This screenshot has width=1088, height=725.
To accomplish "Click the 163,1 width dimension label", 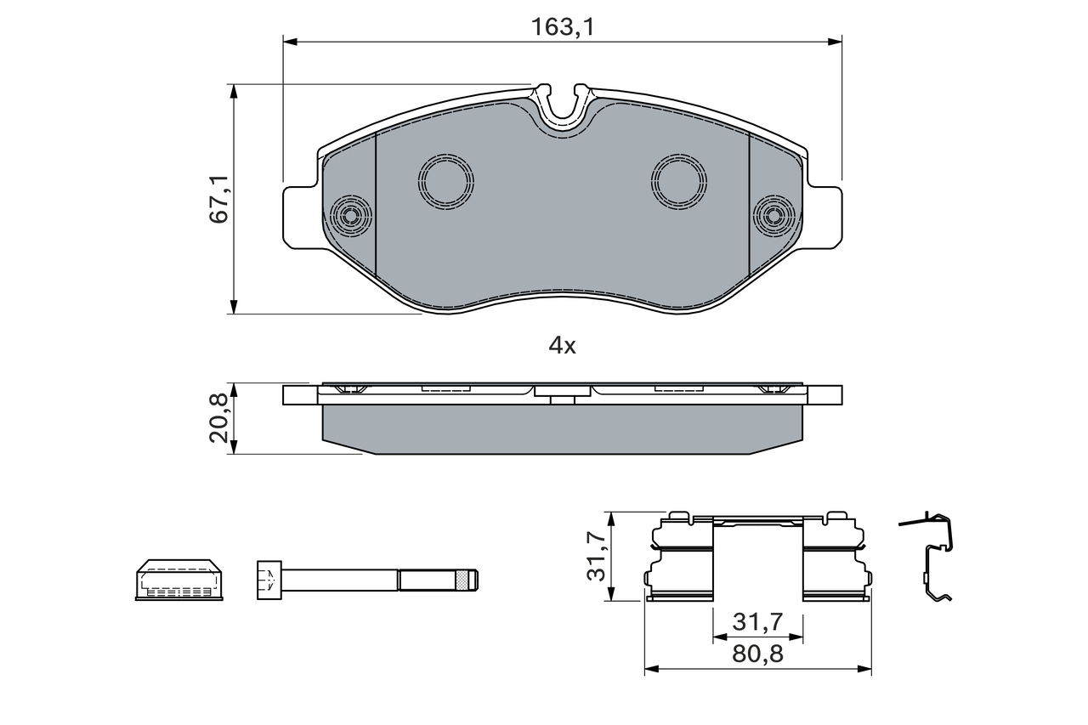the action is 563,27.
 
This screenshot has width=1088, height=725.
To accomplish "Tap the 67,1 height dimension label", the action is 219,199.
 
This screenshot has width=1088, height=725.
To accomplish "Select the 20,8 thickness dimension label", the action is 218,418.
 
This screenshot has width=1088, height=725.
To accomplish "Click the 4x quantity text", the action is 562,346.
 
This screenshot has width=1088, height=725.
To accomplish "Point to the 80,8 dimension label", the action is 757,654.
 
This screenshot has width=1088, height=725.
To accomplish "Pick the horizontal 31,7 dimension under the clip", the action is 757,622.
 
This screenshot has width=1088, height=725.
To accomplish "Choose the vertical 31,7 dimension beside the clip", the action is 596,557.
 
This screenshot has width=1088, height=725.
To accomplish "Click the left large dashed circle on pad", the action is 446,182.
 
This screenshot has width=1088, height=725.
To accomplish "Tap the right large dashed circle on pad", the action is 679,182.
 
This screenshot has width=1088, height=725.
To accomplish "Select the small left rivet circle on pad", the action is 351,216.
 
